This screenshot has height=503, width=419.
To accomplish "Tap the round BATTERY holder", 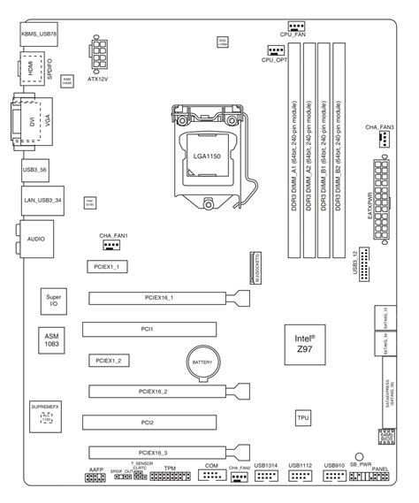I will tap(202, 362).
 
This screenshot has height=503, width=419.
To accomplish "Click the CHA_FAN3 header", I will tap(385, 140).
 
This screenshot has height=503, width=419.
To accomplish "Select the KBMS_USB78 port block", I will tap(42, 35).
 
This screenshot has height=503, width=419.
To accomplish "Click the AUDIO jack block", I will tap(37, 239).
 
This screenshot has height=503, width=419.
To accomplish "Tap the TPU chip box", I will tap(303, 416).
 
